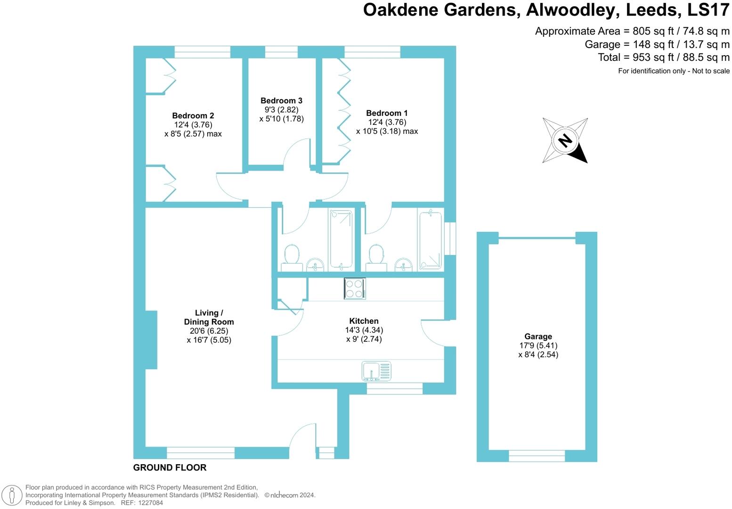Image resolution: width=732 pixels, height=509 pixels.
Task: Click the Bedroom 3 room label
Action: click(281, 101)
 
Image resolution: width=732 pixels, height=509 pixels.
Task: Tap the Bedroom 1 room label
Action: click(387, 113)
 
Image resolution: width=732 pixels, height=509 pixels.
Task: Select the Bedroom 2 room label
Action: click(193, 116)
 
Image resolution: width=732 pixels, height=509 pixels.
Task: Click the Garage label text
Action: click(538, 337)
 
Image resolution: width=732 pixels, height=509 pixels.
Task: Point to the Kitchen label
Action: click(364, 321)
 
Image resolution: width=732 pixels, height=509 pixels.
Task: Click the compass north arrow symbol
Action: click(565, 140)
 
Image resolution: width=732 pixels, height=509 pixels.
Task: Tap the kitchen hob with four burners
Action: click(354, 289)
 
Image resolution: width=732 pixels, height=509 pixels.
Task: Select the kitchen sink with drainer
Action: click(376, 371)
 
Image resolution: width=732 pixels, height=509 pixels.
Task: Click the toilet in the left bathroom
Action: click(292, 256)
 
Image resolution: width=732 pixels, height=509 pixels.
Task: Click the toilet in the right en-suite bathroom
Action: click(376, 256)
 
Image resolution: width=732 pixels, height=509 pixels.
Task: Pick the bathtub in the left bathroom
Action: click(341, 239)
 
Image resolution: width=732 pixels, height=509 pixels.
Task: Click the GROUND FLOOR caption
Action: click(170, 468)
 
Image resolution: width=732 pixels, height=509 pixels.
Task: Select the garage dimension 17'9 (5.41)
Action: click(538, 345)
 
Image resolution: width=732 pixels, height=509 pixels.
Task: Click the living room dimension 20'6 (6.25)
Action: click(209, 331)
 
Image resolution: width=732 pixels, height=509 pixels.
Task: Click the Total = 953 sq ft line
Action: click(663, 57)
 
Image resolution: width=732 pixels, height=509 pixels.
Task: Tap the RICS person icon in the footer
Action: click(12, 495)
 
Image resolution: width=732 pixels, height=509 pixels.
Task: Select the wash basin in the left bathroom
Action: click(315, 264)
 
